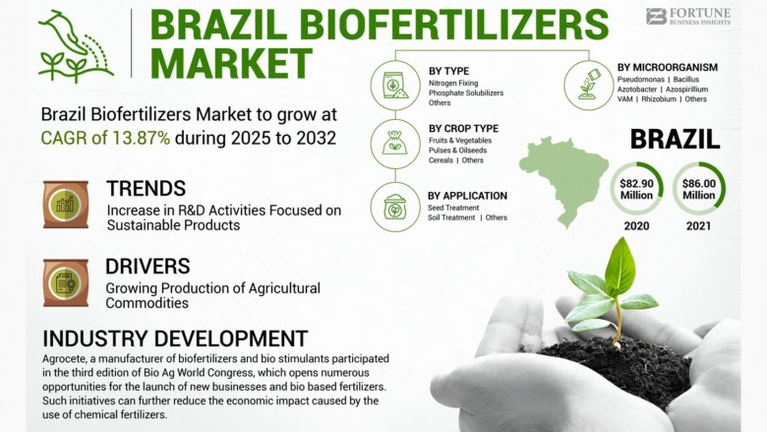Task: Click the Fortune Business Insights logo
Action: pos(687,16)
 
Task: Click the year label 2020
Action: pos(636,226)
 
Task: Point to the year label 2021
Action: pos(698,226)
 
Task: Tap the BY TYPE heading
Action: pos(448,71)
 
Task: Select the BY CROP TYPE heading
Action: pos(463,129)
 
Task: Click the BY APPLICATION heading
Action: pos(467,196)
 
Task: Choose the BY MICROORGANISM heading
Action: pos(668,68)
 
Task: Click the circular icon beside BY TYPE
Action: pos(395,86)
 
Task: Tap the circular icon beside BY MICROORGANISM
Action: pos(588,86)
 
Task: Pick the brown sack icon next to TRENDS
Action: pos(66,204)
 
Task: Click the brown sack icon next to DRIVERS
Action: pos(66,282)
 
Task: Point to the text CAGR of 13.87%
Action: pos(105,138)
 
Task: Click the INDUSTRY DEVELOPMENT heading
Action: pos(175,339)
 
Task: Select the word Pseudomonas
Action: pos(641,80)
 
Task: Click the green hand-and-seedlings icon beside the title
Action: pos(76,46)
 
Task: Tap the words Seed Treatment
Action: pos(453,208)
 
